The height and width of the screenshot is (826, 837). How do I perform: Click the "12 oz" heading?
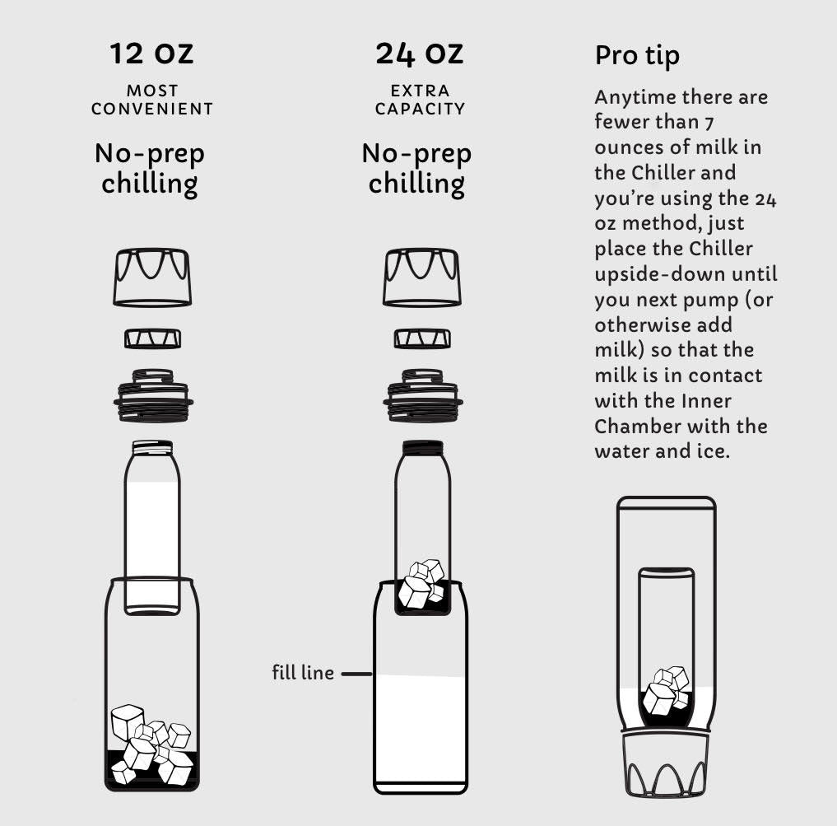(151, 54)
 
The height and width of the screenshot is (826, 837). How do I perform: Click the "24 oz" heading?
(419, 54)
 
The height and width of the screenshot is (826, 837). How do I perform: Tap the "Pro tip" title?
(637, 56)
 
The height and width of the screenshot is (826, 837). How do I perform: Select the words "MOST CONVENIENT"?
(152, 100)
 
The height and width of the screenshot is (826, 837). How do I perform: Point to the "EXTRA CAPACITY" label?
(420, 100)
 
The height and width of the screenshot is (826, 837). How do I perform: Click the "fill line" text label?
(303, 673)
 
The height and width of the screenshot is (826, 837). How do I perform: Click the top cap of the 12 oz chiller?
(152, 278)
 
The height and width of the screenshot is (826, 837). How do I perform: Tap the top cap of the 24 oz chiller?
(421, 278)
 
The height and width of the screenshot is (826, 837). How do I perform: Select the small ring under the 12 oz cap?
(152, 338)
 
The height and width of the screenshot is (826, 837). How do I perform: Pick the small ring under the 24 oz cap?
(422, 338)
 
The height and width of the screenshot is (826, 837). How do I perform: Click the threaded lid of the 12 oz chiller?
(153, 396)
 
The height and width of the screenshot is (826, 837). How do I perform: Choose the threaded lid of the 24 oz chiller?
(423, 396)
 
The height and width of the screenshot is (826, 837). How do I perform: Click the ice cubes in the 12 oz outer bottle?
(151, 744)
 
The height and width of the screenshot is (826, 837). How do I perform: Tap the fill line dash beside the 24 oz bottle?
(356, 674)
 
